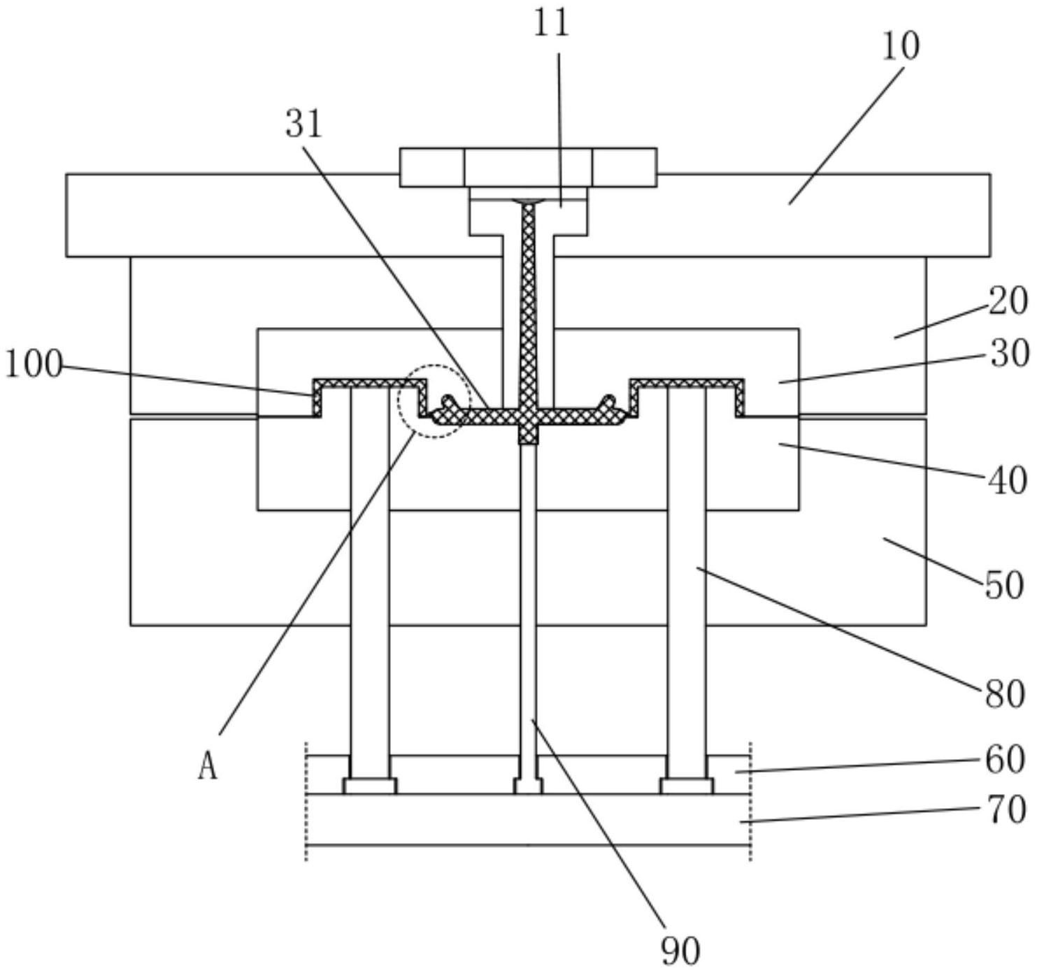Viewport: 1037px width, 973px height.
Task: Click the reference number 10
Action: click(900, 46)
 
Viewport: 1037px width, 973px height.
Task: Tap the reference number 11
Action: click(551, 22)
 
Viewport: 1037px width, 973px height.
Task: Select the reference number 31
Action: click(303, 124)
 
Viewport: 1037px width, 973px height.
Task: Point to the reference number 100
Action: click(34, 364)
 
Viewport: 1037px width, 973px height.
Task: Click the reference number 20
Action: click(1008, 301)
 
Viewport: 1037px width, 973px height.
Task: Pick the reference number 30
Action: click(1008, 354)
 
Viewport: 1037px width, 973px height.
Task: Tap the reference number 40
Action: click(1008, 480)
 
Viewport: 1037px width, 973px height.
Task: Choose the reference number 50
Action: click(1004, 585)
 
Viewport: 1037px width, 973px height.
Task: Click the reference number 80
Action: click(1004, 695)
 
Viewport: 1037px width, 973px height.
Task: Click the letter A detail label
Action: click(208, 767)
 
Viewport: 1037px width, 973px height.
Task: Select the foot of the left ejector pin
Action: click(370, 786)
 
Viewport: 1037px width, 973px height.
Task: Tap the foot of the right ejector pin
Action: click(687, 786)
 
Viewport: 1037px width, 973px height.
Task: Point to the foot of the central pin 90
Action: click(528, 786)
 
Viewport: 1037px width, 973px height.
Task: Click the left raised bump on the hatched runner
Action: click(448, 403)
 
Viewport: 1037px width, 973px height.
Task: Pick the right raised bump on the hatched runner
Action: click(609, 403)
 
